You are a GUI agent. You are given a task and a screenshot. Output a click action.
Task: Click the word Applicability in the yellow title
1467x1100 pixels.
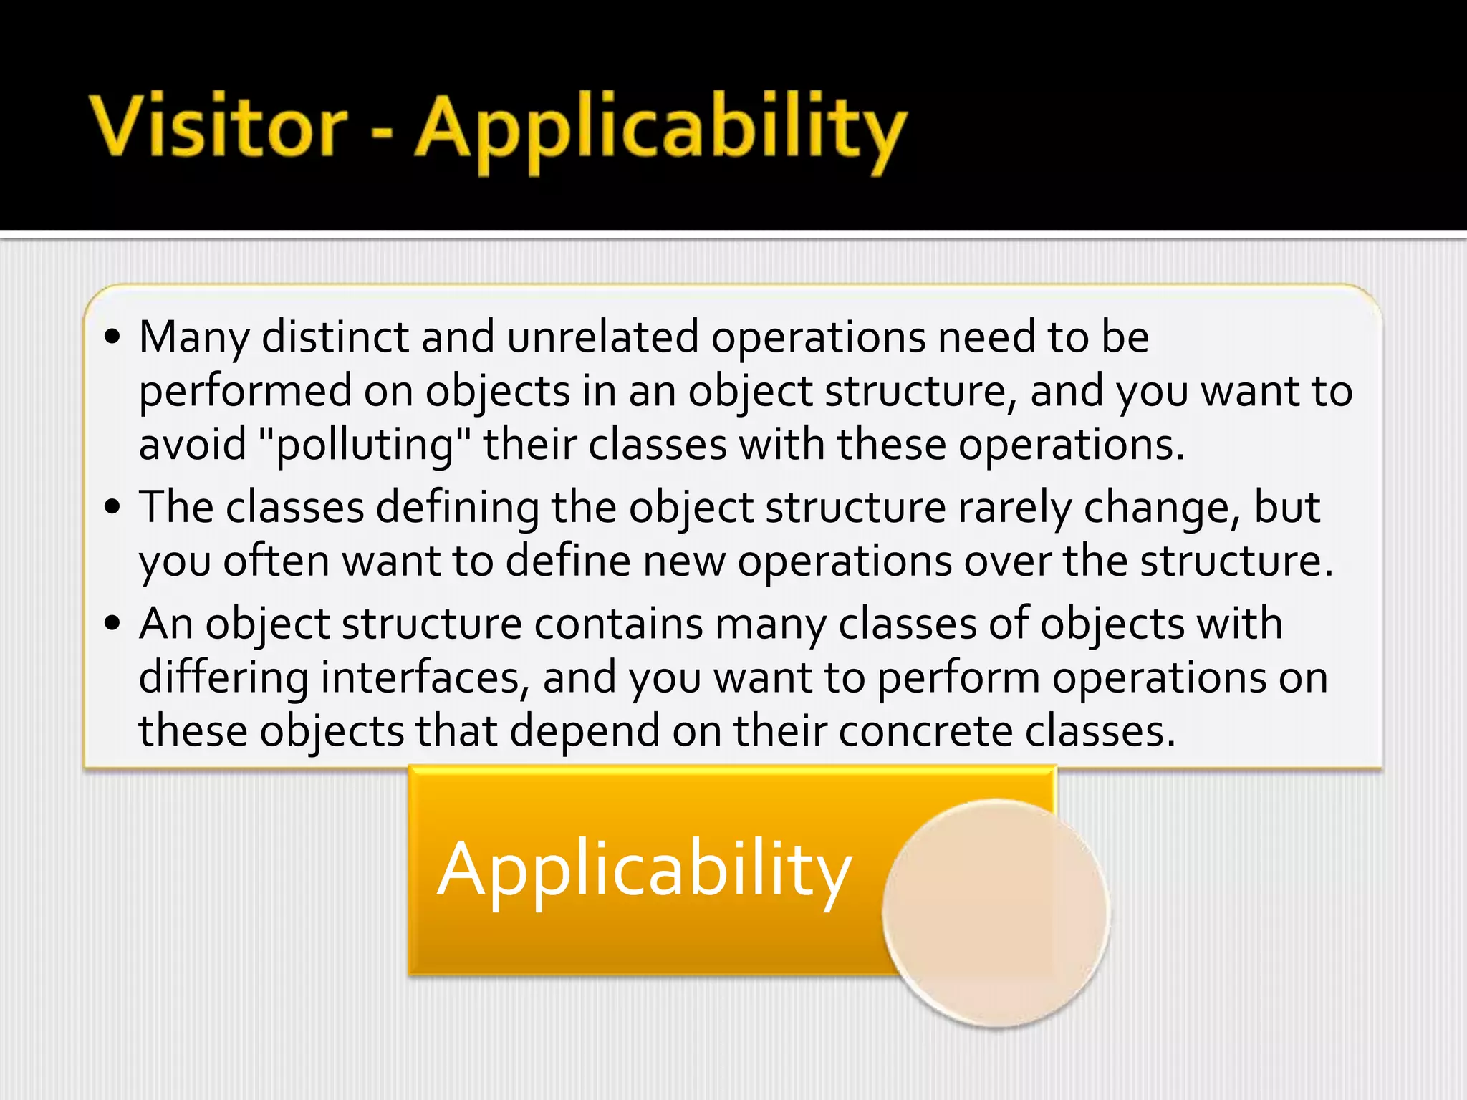pyautogui.click(x=660, y=129)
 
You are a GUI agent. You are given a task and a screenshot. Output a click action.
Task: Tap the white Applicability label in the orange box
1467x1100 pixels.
pyautogui.click(x=644, y=870)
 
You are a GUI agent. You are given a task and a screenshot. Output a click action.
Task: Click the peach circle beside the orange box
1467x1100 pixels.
pyautogui.click(x=996, y=913)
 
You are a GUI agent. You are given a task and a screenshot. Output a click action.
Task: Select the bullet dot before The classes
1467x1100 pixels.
pyautogui.click(x=112, y=507)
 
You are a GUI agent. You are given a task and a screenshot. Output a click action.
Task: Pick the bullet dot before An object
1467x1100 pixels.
pyautogui.click(x=112, y=623)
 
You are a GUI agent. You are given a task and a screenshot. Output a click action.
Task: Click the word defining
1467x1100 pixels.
pyautogui.click(x=458, y=508)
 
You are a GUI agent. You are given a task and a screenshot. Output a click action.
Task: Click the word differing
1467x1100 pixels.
pyautogui.click(x=223, y=677)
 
